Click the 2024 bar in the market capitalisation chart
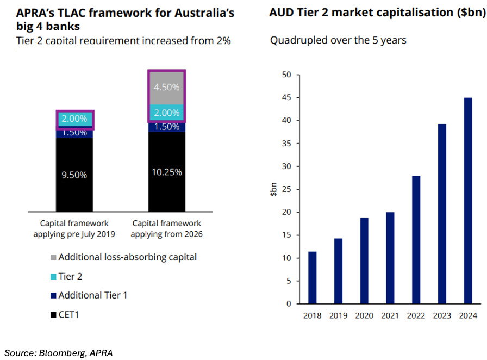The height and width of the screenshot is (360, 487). pos(468,201)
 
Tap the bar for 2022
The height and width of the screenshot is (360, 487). pos(416,240)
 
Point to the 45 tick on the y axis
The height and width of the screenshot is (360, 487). pos(286,98)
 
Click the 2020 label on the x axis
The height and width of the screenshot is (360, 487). pos(364,315)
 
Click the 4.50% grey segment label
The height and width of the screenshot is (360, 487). pos(166,87)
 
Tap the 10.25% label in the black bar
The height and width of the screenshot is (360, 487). pos(166,172)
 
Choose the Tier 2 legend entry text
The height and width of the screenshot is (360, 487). pos(70,276)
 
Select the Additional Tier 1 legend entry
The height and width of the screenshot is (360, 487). pos(92,295)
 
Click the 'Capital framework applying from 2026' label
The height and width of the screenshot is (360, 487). pos(167,228)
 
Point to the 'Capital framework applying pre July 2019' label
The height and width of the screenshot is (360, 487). pos(74,228)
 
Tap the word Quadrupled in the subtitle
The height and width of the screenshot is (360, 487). pos(297,40)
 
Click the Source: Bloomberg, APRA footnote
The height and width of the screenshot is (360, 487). pos(59,352)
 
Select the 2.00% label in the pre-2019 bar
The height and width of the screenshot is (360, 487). pos(74,119)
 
